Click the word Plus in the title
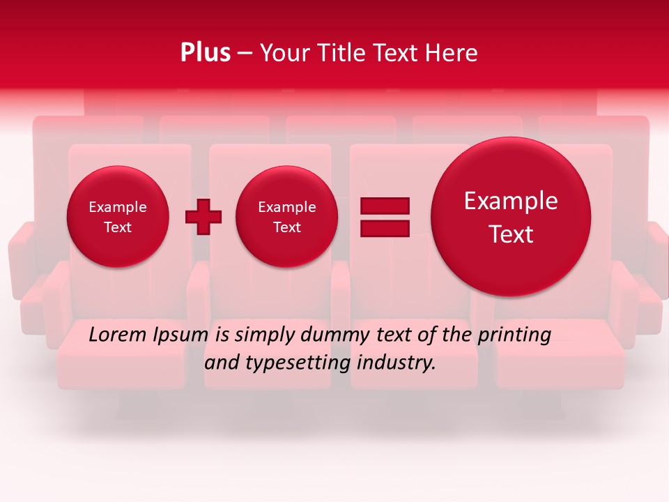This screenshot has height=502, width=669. point(205,52)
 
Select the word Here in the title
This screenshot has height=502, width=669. point(453,52)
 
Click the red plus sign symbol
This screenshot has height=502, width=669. point(203,217)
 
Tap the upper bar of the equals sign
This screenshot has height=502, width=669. point(385,206)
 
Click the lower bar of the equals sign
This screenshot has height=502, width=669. point(385,228)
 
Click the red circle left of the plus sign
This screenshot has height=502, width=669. point(118,217)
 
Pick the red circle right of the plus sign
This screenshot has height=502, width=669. point(287,217)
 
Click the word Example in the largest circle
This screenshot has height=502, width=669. point(511,201)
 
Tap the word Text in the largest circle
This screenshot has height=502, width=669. point(511,234)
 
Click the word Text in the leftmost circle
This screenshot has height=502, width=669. point(118,227)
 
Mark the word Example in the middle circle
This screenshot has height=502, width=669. point(287,207)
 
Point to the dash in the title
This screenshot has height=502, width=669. point(245,54)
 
